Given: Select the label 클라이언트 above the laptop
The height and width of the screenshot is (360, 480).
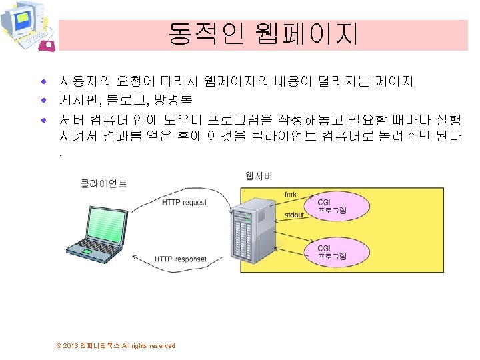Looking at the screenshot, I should click(104, 183).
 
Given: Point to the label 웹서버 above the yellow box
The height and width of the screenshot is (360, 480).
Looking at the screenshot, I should click(259, 176).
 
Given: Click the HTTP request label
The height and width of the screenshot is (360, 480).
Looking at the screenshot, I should click(185, 203).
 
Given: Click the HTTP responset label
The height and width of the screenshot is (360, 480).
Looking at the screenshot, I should click(181, 259).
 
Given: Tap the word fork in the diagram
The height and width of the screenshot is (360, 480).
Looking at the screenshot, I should click(291, 195).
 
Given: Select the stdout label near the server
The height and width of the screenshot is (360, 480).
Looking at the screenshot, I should click(294, 215).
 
